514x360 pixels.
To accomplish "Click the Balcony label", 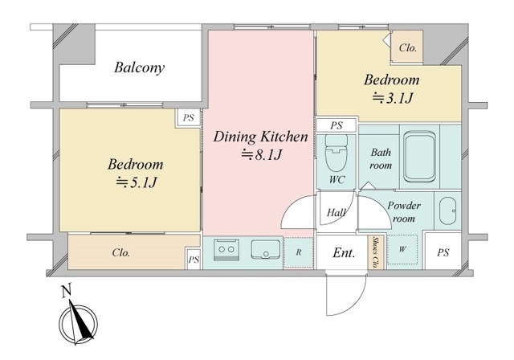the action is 139,67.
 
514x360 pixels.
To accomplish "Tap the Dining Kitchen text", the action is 260,137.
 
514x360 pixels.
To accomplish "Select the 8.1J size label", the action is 262,155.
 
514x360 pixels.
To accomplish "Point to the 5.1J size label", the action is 136,182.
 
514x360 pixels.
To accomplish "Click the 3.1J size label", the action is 393,98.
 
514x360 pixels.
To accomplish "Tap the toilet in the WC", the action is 336,152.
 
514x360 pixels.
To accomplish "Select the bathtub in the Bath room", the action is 420,157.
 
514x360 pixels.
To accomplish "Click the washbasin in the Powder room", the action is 447,211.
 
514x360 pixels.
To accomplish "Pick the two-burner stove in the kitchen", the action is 226,250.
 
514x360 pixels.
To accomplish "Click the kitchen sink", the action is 266,250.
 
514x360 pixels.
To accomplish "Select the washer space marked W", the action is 402,249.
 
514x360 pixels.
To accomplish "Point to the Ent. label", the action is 344,253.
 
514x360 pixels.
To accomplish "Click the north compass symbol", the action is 78,321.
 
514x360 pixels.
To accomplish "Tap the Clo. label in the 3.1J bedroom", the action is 407,48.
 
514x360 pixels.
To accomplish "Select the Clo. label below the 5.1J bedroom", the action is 121,253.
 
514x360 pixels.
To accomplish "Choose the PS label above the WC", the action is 337,125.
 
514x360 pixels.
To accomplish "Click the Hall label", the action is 336,213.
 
